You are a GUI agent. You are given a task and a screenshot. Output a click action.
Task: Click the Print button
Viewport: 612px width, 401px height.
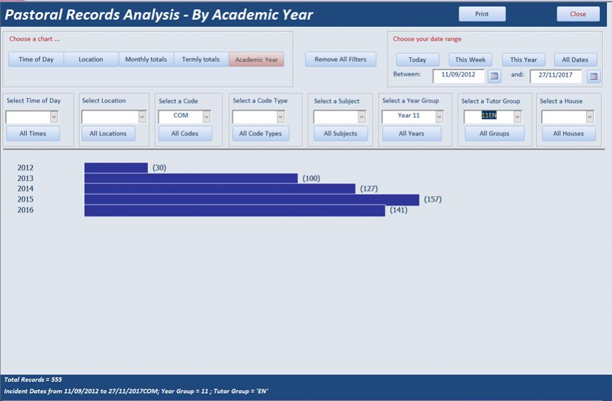pyautogui.click(x=482, y=14)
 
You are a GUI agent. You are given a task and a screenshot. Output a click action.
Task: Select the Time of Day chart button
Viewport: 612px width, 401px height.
pyautogui.click(x=36, y=60)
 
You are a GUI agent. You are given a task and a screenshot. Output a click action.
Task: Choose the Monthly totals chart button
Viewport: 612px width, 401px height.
pyautogui.click(x=146, y=60)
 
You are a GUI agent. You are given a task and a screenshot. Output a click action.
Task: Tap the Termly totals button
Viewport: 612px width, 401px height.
pyautogui.click(x=201, y=60)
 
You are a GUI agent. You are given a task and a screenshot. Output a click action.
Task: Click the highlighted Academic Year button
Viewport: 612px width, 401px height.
pyautogui.click(x=257, y=60)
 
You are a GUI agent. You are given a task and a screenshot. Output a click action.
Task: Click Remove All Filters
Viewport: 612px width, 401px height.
pyautogui.click(x=341, y=60)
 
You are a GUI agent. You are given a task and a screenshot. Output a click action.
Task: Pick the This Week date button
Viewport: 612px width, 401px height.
pyautogui.click(x=470, y=60)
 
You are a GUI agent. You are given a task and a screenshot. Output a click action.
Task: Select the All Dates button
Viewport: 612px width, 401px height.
pyautogui.click(x=575, y=60)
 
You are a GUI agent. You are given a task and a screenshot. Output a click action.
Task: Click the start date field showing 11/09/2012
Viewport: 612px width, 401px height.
pyautogui.click(x=458, y=75)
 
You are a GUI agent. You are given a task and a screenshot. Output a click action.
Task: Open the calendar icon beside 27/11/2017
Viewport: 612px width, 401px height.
pyautogui.click(x=593, y=76)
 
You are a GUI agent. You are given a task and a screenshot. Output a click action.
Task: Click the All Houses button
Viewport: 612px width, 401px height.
pyautogui.click(x=568, y=133)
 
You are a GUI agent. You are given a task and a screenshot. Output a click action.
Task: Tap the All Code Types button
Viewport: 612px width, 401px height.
pyautogui.click(x=261, y=133)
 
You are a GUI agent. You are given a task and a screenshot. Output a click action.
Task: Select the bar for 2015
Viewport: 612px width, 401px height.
pyautogui.click(x=251, y=199)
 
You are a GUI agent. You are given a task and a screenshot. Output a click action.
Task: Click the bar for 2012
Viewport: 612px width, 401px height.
pyautogui.click(x=116, y=168)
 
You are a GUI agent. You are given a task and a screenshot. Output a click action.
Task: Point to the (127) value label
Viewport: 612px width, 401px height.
pyautogui.click(x=369, y=189)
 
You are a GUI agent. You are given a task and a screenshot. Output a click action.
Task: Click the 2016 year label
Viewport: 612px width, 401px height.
pyautogui.click(x=25, y=210)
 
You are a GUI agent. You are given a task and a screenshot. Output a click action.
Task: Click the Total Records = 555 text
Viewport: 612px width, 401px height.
pyautogui.click(x=33, y=380)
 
